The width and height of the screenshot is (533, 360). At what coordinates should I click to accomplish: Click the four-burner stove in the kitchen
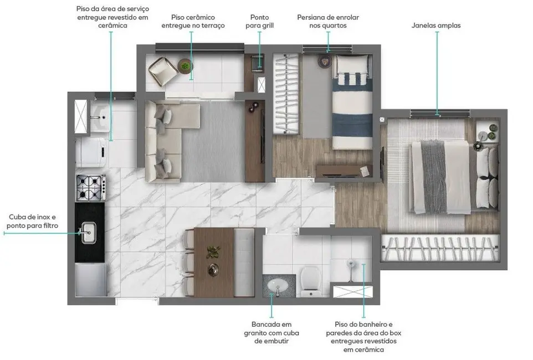click(90, 187)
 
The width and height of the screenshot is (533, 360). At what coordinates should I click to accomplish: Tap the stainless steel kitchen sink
click(89, 232)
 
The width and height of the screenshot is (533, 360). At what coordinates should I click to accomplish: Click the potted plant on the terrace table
click(185, 66)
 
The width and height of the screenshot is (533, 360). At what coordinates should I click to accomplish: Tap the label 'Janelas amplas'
click(436, 25)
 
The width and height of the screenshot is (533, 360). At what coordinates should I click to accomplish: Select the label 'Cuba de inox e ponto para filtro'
click(32, 221)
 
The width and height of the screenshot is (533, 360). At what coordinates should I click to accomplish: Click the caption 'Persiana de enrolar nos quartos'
click(328, 22)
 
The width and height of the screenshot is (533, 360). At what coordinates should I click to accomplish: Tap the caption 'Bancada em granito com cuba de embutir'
click(271, 332)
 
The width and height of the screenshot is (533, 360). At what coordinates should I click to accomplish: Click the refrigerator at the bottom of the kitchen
click(90, 280)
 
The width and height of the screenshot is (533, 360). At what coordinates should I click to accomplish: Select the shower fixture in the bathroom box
click(350, 265)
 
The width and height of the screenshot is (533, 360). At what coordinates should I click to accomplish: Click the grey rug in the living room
click(213, 141)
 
